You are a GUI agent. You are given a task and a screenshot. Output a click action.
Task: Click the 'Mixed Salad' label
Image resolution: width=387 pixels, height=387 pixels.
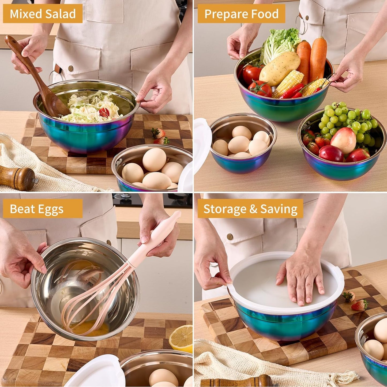[43, 14]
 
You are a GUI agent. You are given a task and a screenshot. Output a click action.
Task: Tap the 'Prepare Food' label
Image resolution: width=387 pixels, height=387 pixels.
[241, 14]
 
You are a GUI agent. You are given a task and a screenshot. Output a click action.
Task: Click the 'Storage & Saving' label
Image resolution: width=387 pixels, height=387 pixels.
[250, 209]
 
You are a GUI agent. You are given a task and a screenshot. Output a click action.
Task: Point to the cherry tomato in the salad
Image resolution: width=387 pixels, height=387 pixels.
[104, 112]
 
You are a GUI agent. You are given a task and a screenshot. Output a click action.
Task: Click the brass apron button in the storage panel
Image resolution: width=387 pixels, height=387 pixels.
[230, 236]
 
